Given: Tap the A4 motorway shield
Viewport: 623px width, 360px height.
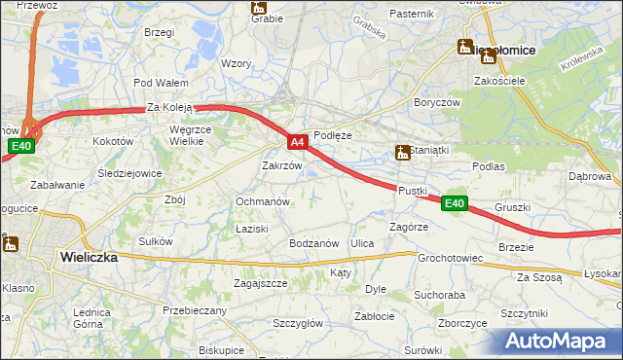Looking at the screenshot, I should click(x=299, y=142).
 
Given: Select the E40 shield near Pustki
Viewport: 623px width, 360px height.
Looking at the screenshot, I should click(x=453, y=203).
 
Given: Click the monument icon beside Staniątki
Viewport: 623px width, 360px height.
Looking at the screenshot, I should click(x=401, y=152).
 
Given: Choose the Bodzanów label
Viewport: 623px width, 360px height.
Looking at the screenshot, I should click(x=313, y=242).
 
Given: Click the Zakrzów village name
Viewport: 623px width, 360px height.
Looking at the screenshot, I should click(x=282, y=165).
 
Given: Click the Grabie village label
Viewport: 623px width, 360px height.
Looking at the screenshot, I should click(x=267, y=18).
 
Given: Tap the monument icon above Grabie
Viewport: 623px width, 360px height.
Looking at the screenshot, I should click(x=259, y=6).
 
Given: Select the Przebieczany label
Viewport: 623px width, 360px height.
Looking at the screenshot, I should click(x=195, y=310).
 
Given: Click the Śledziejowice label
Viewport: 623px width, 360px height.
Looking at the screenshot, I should click(x=129, y=173).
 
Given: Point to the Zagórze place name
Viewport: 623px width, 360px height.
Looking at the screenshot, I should click(x=409, y=226).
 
